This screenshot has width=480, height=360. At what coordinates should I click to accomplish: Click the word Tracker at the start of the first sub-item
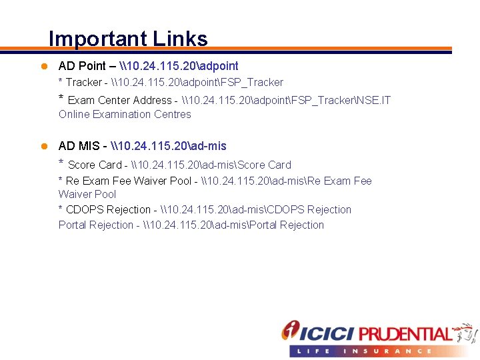[x=83, y=83]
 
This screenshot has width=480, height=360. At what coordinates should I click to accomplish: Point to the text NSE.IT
[x=373, y=101]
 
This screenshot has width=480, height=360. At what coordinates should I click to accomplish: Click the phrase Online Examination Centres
[x=125, y=115]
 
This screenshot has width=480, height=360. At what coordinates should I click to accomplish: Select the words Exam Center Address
[x=119, y=101]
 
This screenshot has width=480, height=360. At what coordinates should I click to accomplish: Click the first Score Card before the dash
[x=95, y=165]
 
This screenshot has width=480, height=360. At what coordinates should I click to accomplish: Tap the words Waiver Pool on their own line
[x=87, y=195]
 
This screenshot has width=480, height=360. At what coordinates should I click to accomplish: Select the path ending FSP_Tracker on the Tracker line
[x=197, y=83]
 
